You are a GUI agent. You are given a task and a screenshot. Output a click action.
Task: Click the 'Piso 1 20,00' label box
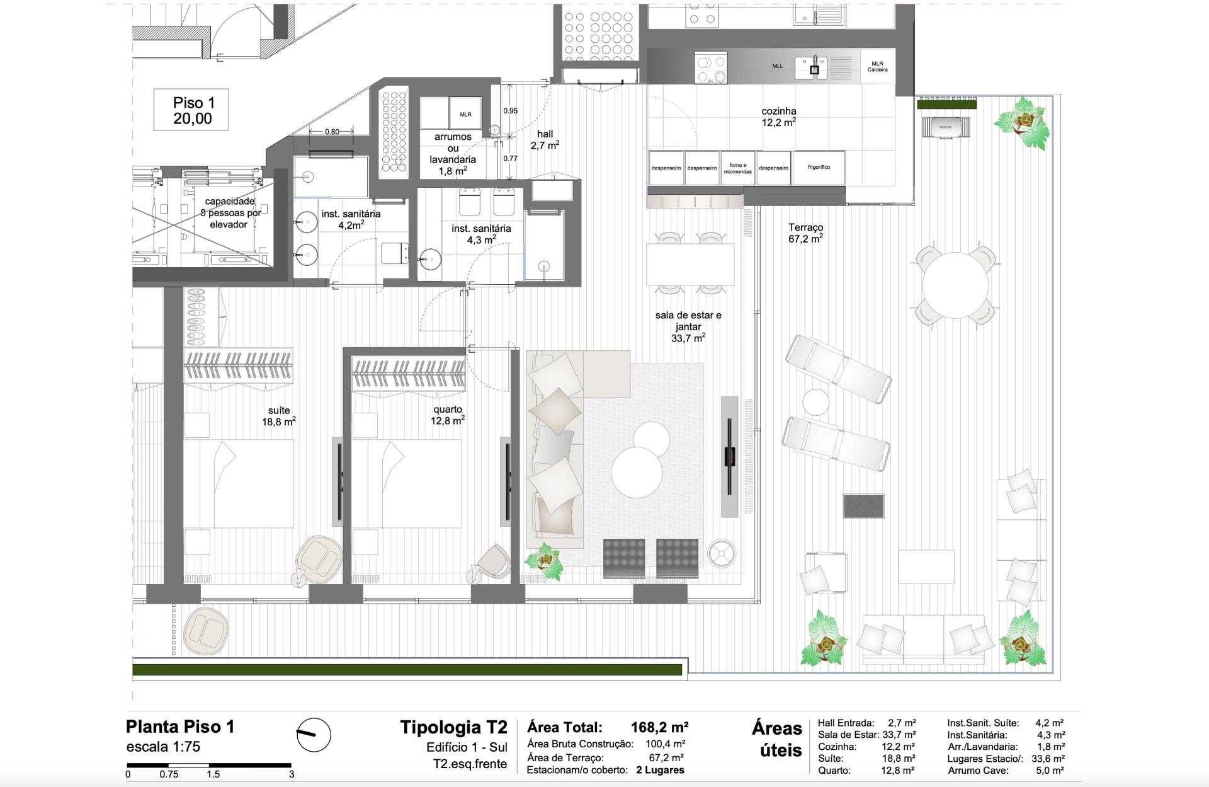tap(191, 110)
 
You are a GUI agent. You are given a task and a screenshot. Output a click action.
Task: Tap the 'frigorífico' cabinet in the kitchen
tap(819, 168)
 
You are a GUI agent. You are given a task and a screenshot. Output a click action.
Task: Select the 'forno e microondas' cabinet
tap(737, 168)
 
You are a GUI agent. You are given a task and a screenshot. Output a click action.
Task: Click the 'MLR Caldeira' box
tap(877, 66)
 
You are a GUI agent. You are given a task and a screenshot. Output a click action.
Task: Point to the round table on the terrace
tap(955, 285)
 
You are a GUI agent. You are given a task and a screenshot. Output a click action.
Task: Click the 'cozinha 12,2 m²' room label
tap(779, 117)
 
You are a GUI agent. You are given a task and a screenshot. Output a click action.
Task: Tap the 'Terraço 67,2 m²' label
tap(805, 233)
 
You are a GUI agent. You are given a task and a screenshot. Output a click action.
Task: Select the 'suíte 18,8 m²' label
tap(279, 416)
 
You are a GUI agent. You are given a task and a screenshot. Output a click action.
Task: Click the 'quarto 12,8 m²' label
tap(448, 415)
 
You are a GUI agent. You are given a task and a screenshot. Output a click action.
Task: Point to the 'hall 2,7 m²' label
tap(545, 140)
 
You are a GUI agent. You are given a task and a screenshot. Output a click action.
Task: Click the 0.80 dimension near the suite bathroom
tap(332, 132)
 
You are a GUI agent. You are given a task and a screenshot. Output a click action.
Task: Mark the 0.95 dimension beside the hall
tap(511, 111)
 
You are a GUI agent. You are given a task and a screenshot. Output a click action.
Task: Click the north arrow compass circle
tap(314, 735)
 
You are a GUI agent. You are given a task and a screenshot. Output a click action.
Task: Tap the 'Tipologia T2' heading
tap(453, 728)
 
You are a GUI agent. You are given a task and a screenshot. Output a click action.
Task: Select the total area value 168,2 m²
tap(659, 728)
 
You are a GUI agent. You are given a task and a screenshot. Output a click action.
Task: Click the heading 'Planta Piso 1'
tap(180, 727)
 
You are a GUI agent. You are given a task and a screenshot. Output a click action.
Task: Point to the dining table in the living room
tap(690, 265)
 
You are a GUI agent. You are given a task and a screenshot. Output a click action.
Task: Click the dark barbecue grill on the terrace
tap(864, 506)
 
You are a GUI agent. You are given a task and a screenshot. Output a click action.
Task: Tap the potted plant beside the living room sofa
tap(543, 563)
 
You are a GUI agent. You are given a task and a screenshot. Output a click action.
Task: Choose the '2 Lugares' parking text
tap(660, 770)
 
